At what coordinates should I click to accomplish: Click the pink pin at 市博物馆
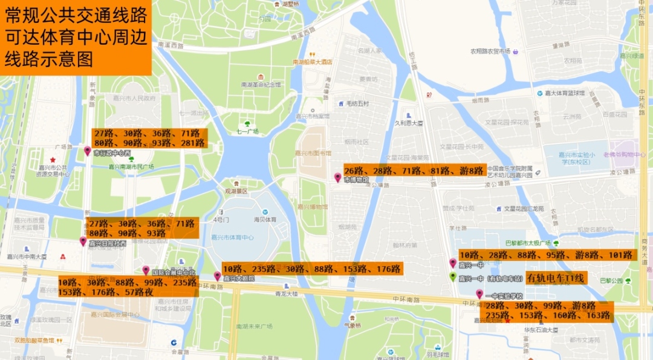(338, 177)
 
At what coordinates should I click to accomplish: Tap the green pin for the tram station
(452, 277)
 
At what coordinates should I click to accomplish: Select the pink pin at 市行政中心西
(88, 151)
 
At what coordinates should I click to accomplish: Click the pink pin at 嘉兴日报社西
(83, 241)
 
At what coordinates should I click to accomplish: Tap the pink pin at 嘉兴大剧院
(217, 276)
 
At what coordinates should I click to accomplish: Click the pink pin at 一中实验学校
(479, 293)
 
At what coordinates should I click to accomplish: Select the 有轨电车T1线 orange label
(556, 278)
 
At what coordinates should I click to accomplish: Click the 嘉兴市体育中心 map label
(232, 237)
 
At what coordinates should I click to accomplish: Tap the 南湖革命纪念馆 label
(261, 84)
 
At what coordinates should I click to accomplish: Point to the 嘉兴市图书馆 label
(313, 153)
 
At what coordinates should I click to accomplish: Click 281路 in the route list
(193, 143)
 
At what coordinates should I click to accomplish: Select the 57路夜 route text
(139, 292)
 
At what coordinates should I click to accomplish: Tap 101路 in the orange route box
(620, 255)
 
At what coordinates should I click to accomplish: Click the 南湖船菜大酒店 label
(313, 62)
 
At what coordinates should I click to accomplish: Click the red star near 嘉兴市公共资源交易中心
(53, 159)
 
